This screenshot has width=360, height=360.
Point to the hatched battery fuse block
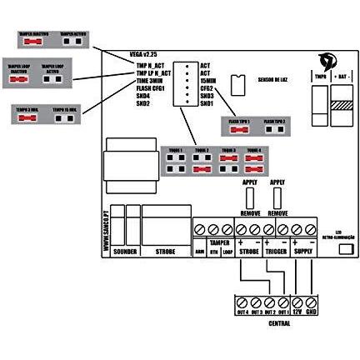[342, 106]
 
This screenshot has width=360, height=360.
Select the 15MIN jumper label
[207, 80]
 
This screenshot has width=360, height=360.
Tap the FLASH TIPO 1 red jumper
[237, 128]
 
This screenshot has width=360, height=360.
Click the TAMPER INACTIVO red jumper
[33, 40]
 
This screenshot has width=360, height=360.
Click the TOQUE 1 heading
[173, 150]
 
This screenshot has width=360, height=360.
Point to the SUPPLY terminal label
[304, 249]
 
